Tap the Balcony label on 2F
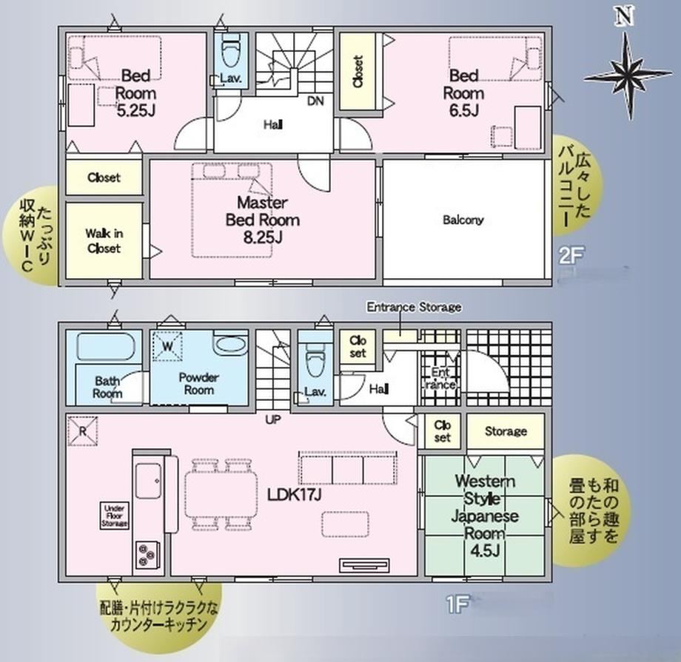pos(463,220)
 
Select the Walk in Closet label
pos(104,240)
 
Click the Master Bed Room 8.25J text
pos(262,220)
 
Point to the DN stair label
pos(315,101)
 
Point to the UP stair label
pos(273,420)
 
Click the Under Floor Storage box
pos(114,516)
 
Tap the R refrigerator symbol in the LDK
pos(82,431)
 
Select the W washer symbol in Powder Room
pos(167,346)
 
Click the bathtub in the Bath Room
pos(106,346)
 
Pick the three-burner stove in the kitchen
pos(147,554)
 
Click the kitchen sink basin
pos(148,482)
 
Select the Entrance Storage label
pos(414,308)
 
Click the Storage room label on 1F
pos(506,431)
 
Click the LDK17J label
pos(294,494)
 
